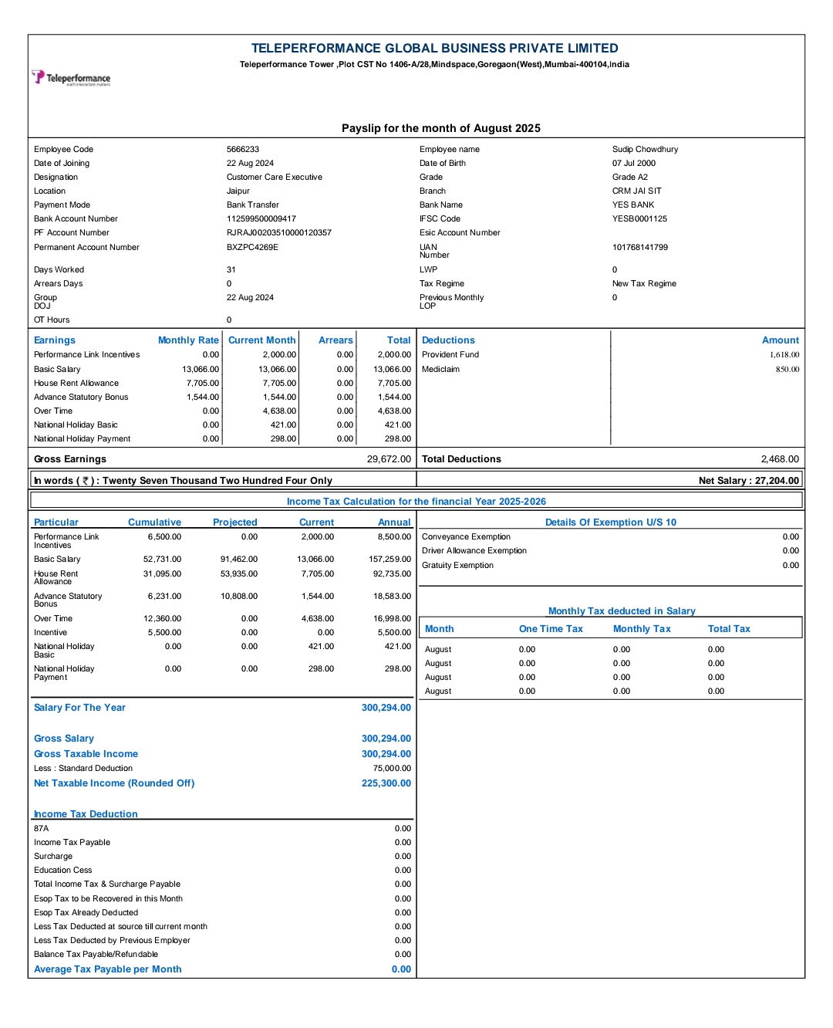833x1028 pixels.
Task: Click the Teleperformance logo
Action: [71, 78]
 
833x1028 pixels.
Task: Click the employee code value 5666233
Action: [243, 150]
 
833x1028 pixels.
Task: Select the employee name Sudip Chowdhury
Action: [645, 150]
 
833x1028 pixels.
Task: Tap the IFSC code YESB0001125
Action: [639, 219]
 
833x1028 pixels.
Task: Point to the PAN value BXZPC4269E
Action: [252, 248]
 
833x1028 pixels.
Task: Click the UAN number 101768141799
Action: [640, 248]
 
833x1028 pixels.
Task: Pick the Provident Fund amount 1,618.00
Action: [784, 355]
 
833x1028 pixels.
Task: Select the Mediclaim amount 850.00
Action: [787, 370]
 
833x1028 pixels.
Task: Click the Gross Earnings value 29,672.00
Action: [389, 459]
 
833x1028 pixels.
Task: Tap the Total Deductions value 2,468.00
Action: [780, 459]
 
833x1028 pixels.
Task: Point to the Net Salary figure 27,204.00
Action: [777, 481]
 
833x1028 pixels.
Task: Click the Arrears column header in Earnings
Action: [336, 340]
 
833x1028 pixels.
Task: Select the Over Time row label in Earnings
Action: [53, 411]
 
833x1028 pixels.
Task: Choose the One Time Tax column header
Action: [551, 629]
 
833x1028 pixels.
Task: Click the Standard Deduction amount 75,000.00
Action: [392, 769]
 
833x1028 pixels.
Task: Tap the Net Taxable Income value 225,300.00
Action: [386, 783]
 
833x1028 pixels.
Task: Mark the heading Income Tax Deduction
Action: [86, 814]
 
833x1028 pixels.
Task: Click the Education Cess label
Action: [63, 871]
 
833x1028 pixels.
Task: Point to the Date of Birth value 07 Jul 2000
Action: [634, 164]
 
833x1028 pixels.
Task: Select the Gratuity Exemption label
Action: [457, 566]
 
